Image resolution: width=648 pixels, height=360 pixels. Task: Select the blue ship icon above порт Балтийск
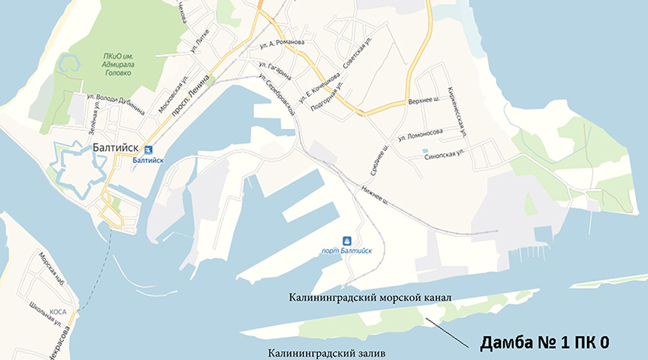[x=347, y=240]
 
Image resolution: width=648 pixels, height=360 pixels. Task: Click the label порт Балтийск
[x=346, y=252]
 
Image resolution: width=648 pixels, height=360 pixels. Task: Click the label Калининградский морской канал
[x=370, y=298]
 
